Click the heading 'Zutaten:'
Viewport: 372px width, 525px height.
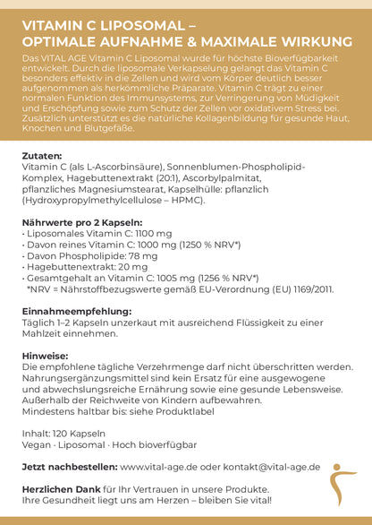tap(42, 155)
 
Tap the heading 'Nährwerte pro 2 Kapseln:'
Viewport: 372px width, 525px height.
tap(81, 221)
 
